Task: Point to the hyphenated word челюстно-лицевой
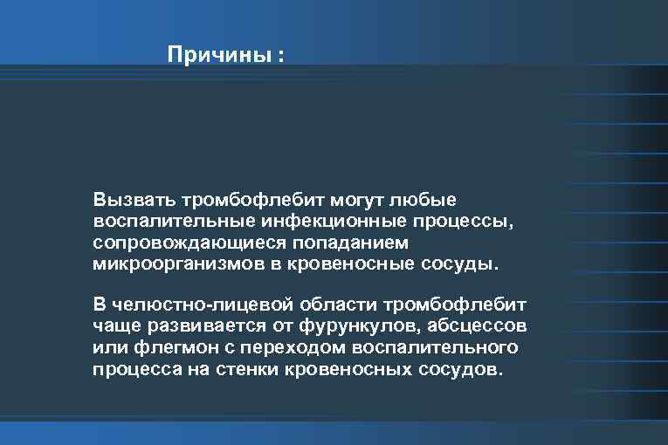197,305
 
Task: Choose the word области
334,305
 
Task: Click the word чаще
114,326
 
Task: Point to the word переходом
272,348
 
